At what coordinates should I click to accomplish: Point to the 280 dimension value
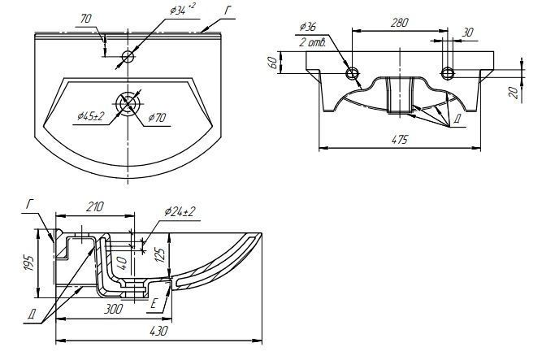point(398,24)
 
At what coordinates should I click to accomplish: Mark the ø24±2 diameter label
point(180,211)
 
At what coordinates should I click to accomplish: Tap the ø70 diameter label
point(158,118)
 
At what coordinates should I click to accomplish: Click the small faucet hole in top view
point(128,57)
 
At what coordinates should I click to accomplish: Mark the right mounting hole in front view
point(446,74)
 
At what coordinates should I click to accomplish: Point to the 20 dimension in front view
point(514,92)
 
